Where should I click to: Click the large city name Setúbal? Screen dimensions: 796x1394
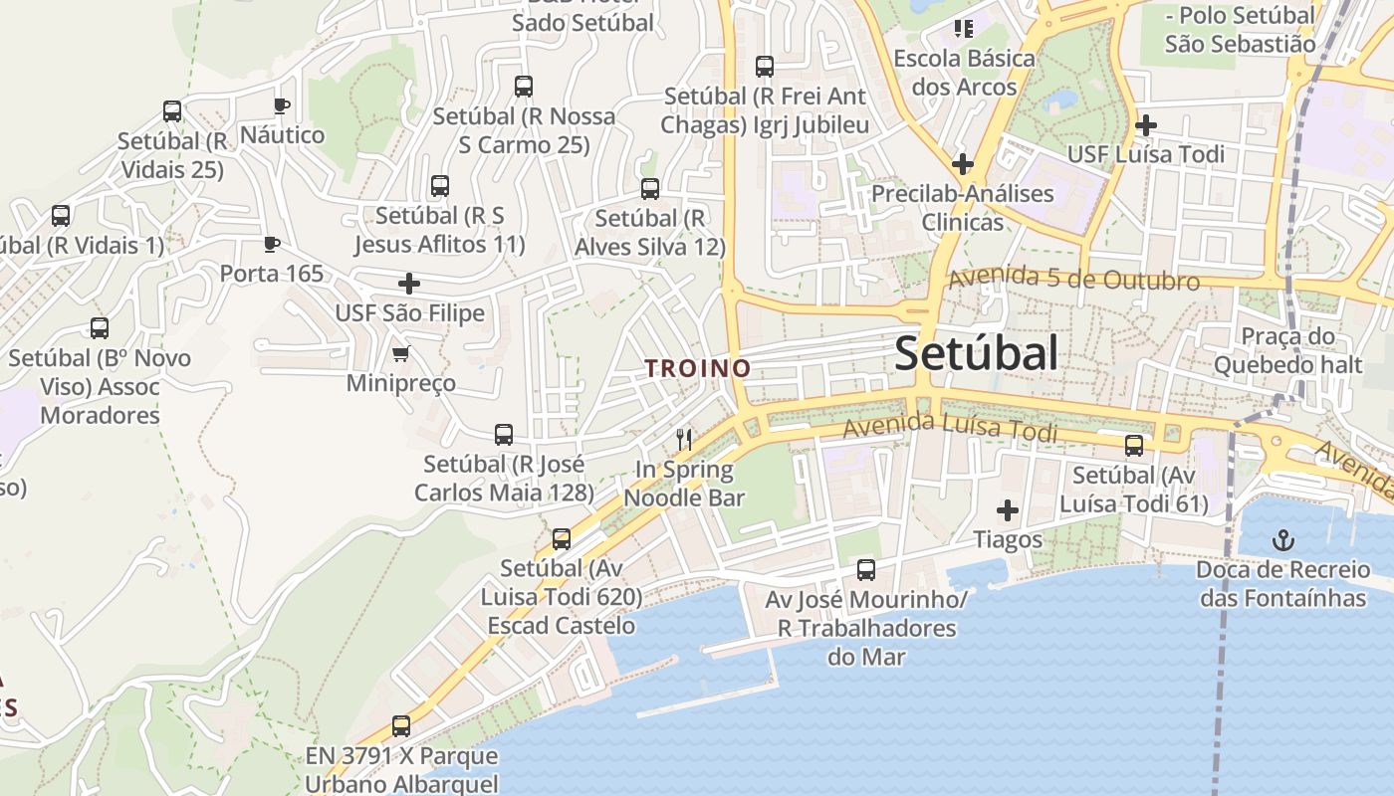click(976, 353)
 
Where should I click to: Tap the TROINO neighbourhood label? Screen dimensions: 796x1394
click(697, 368)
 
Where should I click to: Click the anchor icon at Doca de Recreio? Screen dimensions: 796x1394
click(1283, 541)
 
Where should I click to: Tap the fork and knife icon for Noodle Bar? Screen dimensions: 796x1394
click(684, 439)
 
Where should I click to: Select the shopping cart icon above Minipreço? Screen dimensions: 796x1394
click(401, 353)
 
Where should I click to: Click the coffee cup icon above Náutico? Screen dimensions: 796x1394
click(282, 105)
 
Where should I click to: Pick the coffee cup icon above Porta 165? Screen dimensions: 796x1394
click(271, 244)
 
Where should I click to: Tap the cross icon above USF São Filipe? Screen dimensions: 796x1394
click(408, 284)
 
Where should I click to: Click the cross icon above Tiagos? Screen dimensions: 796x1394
click(1008, 510)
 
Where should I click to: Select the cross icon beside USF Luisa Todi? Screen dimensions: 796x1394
click(1146, 125)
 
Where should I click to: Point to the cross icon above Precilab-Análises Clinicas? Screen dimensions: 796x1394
click(962, 163)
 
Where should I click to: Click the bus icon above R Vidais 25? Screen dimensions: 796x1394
click(172, 111)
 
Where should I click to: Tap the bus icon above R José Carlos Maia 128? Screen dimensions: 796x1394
click(504, 435)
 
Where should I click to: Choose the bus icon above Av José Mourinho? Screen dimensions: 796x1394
click(866, 570)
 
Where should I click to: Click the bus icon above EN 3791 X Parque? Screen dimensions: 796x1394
click(401, 726)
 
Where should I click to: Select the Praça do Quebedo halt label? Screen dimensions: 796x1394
click(1286, 350)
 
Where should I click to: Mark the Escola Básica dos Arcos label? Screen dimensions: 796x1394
click(964, 72)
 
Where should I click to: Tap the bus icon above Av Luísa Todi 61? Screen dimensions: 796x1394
click(1134, 446)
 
